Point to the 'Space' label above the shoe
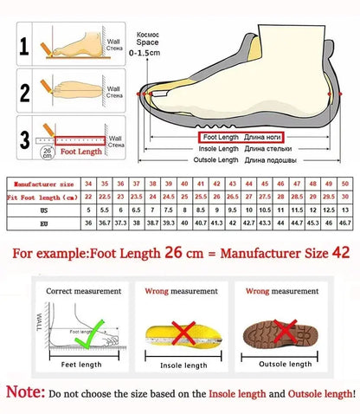[x=150, y=42]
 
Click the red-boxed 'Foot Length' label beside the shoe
[x=221, y=137]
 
